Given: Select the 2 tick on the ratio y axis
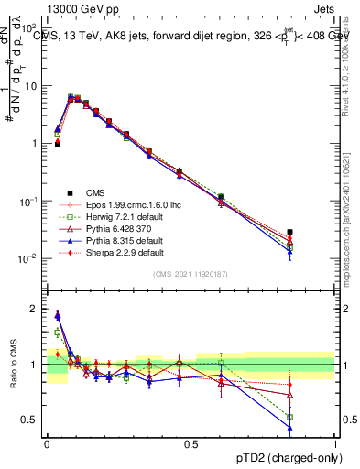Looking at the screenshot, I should tap(38, 309).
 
